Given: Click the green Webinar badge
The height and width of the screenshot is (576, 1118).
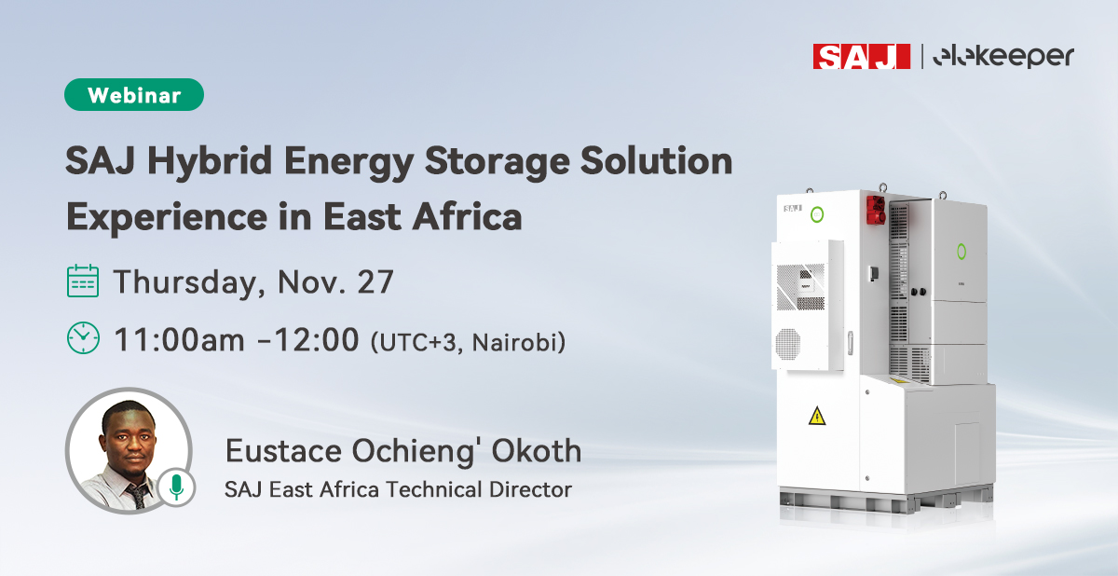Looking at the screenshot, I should pos(134,95).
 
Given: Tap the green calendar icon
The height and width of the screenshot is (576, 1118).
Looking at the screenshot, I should pos(83,281).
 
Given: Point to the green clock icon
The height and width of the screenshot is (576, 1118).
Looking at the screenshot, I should pos(83,337).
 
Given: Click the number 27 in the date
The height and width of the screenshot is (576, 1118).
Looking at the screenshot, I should pos(375,281).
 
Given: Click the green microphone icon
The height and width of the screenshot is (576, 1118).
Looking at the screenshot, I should pos(175,486).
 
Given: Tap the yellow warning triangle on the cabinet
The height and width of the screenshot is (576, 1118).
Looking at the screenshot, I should pos(816,417).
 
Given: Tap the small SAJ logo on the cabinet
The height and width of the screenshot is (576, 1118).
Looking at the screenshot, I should pos(793,209).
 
